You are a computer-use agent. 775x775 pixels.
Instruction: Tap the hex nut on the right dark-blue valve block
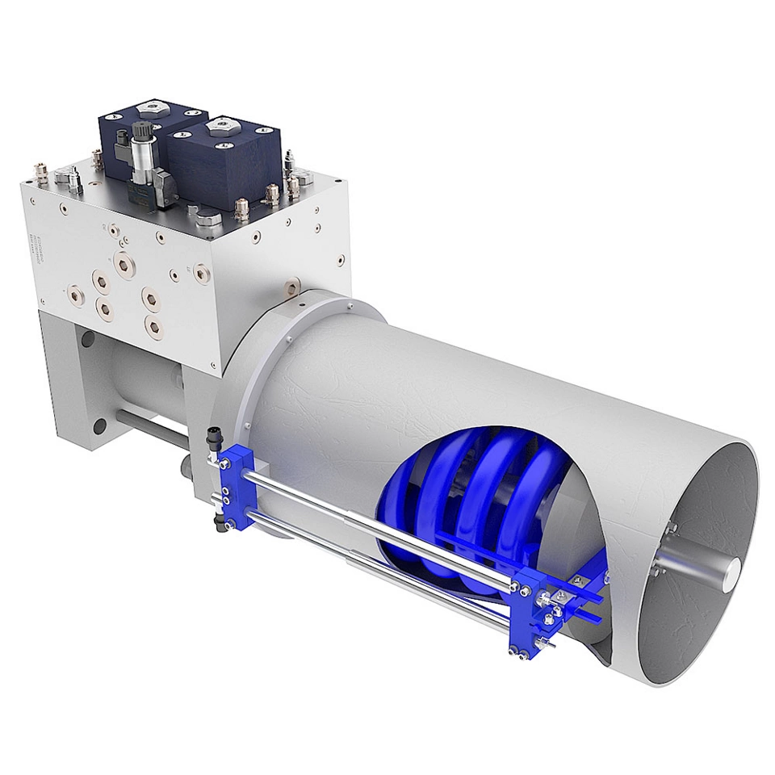click(220, 127)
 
